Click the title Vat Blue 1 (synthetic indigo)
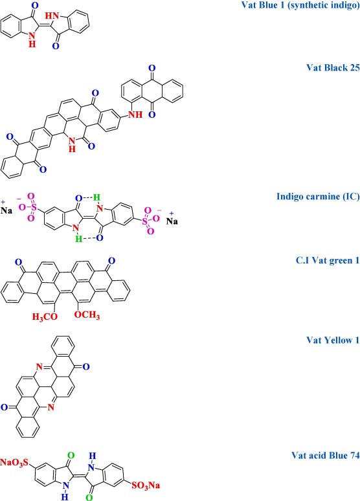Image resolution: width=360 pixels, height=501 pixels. (300, 5)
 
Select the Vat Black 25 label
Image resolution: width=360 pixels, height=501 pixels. (333, 67)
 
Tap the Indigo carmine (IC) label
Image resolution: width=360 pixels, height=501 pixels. (318, 196)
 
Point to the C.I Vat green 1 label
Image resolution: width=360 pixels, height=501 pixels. (328, 260)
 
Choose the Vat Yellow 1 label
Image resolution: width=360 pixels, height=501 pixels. (333, 340)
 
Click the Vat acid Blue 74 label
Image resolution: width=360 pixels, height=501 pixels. (326, 455)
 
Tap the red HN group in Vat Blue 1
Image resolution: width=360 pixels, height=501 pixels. (51, 16)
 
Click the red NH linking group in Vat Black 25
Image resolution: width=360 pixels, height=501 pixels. (135, 115)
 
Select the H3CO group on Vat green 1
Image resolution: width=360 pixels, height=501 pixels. (45, 317)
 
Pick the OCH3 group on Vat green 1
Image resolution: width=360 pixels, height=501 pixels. (87, 315)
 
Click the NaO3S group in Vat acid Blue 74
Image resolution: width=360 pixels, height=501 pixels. (14, 463)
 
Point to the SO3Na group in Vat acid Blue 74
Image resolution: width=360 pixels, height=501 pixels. (146, 485)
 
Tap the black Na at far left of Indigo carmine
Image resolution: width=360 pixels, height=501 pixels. (6, 210)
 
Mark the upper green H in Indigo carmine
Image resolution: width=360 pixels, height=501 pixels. (97, 198)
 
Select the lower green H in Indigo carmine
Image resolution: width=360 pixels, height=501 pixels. (78, 238)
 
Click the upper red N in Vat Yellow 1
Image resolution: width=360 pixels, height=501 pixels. (39, 367)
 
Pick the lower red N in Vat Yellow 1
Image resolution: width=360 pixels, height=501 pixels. (51, 407)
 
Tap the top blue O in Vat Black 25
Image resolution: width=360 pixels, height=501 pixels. (152, 68)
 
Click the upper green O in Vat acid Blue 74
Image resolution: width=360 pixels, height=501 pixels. (71, 455)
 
